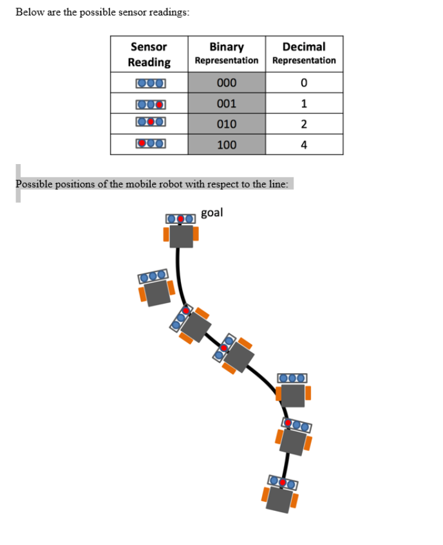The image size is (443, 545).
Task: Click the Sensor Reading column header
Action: tap(149, 54)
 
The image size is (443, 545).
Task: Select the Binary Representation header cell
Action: tap(227, 53)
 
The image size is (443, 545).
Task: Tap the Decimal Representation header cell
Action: tap(304, 53)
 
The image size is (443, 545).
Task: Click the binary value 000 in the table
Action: tap(227, 83)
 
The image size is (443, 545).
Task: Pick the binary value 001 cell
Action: tap(227, 103)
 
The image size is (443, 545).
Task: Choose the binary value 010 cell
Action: tap(227, 124)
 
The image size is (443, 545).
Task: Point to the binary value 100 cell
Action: tap(227, 145)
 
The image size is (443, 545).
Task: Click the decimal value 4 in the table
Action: tap(304, 145)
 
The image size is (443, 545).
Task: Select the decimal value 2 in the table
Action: tap(304, 124)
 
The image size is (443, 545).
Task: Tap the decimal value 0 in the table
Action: tap(304, 83)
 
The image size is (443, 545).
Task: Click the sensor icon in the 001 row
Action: tap(151, 104)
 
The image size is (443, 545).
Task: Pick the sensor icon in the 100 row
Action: tap(151, 143)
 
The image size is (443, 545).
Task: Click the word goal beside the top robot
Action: tap(212, 212)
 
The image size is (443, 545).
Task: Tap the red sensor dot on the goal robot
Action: tap(180, 219)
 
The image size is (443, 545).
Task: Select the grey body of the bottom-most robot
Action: tap(279, 499)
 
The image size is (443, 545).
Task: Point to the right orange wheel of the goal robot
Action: tap(196, 234)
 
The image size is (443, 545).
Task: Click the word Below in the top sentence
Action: tap(30, 12)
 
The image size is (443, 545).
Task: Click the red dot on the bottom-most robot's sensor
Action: tap(283, 483)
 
